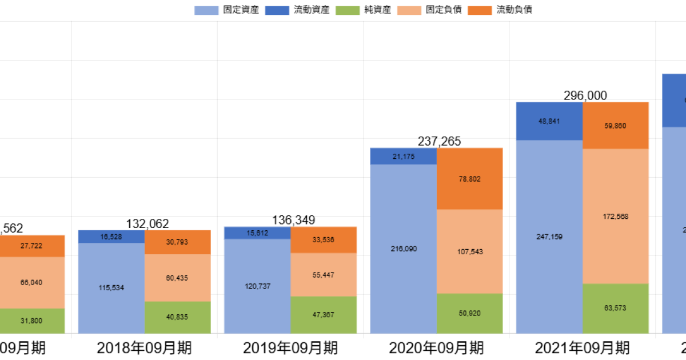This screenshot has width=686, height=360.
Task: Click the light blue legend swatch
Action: click(207, 10)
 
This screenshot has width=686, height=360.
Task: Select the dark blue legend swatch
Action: click(277, 10)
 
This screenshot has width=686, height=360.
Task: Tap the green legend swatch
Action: click(348, 10)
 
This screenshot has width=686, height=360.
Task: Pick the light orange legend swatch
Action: click(409, 10)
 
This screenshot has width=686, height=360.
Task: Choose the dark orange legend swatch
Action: click(480, 10)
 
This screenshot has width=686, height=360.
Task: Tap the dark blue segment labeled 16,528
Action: click(111, 236)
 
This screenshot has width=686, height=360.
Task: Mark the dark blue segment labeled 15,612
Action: click(257, 233)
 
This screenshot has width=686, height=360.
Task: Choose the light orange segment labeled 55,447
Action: click(324, 275)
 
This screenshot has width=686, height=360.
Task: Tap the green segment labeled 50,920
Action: click(470, 314)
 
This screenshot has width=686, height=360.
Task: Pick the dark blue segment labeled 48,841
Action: click(549, 121)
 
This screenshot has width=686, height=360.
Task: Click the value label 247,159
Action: click(549, 237)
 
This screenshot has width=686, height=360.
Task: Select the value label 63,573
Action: click(616, 308)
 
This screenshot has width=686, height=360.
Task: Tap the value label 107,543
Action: click(470, 251)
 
